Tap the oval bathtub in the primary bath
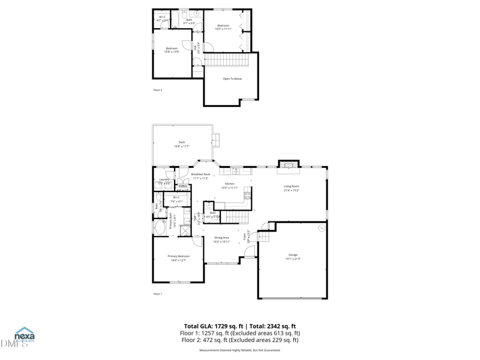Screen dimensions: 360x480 click(160, 228)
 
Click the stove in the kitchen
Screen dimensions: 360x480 click(247, 195)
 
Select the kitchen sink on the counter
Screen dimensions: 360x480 click(236, 171)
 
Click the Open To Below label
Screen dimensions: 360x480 click(232, 79)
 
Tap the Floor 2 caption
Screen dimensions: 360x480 click(158, 90)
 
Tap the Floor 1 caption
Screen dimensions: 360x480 click(158, 294)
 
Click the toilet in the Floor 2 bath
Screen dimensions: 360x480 click(185, 13)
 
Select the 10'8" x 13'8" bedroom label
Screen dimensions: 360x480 click(172, 50)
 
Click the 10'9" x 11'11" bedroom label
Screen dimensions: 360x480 click(223, 27)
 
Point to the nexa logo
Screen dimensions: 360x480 click(25, 335)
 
